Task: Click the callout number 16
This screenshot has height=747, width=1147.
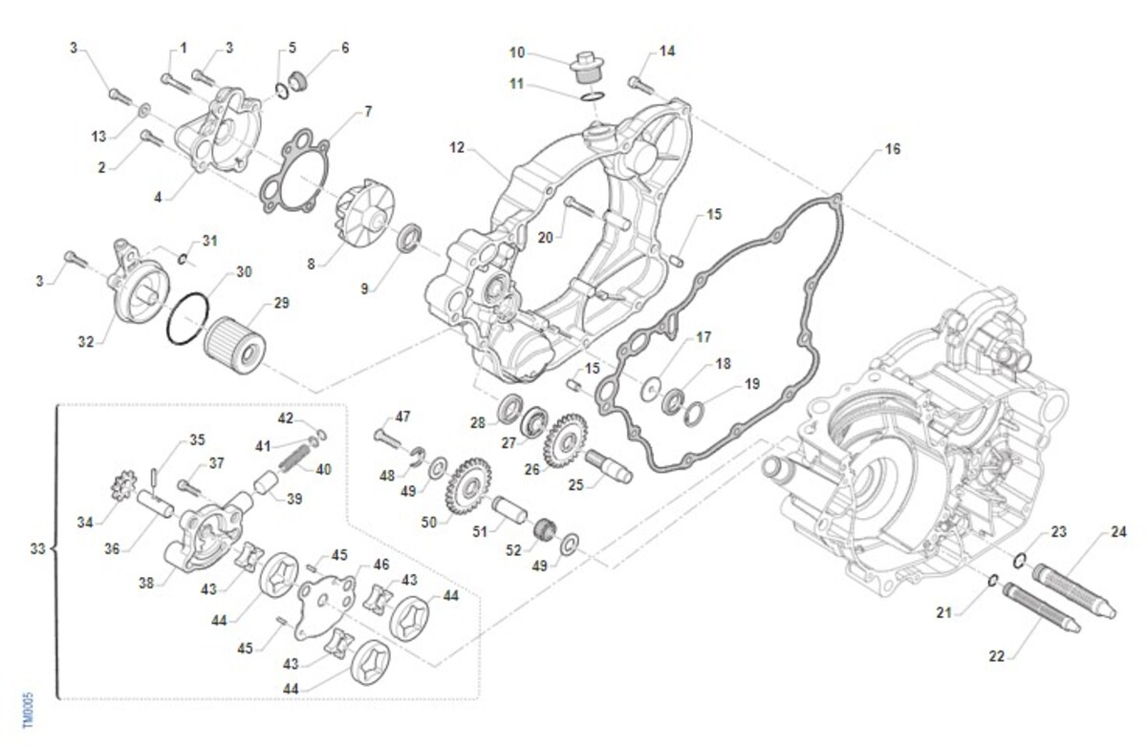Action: pyautogui.click(x=892, y=150)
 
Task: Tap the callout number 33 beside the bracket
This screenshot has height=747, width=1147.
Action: pyautogui.click(x=37, y=549)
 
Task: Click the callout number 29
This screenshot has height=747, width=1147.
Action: pyautogui.click(x=281, y=303)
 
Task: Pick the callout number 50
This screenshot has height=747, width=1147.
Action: pyautogui.click(x=428, y=523)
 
